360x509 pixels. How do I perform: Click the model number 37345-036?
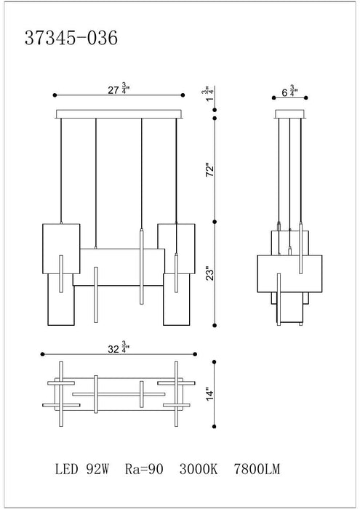coord(71,38)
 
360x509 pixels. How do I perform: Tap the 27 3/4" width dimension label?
coord(119,89)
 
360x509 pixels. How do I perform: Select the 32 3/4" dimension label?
coord(119,348)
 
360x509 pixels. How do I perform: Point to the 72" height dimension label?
coord(210,170)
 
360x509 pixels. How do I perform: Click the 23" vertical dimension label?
coord(210,274)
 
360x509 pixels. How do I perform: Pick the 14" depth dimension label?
coord(210,394)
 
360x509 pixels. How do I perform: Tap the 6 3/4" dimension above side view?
coord(289,91)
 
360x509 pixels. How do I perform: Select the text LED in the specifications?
coord(67,469)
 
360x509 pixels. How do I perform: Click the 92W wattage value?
coord(97,469)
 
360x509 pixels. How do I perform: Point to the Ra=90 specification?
coord(144,469)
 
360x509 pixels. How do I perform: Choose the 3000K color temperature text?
coord(199,469)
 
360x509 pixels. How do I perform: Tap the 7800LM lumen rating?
coord(257,469)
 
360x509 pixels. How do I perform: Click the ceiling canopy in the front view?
coord(119,114)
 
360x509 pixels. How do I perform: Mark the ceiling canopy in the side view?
coord(290,114)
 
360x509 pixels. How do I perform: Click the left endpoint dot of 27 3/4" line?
coord(55,95)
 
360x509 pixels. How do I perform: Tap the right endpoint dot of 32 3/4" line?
coord(195,354)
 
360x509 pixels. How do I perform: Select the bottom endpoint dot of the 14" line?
coord(215,426)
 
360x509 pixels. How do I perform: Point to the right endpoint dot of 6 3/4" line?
coord(306,97)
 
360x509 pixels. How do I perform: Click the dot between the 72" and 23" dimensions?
coord(215,222)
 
